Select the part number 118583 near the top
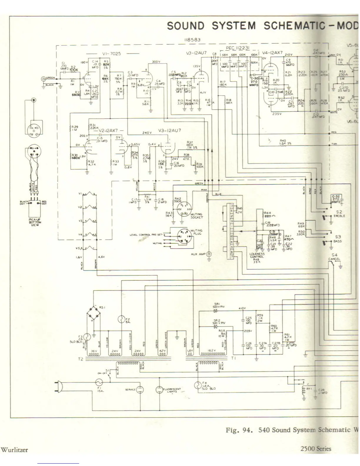click(192, 40)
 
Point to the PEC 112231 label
click(238, 48)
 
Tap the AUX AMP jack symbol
click(209, 254)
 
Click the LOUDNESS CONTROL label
click(257, 255)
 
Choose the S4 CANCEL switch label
click(334, 257)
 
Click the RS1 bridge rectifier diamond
click(94, 314)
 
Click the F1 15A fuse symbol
click(99, 382)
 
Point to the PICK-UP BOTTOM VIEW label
click(35, 222)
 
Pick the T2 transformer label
click(81, 359)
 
